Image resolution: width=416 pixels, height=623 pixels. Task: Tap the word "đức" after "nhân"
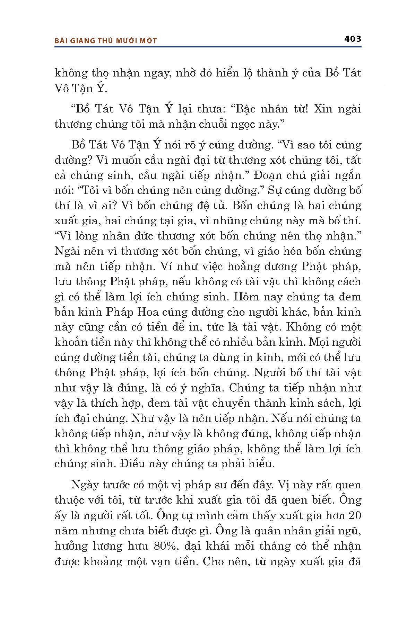click(143, 236)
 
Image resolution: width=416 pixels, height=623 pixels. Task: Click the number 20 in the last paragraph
click(354, 515)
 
